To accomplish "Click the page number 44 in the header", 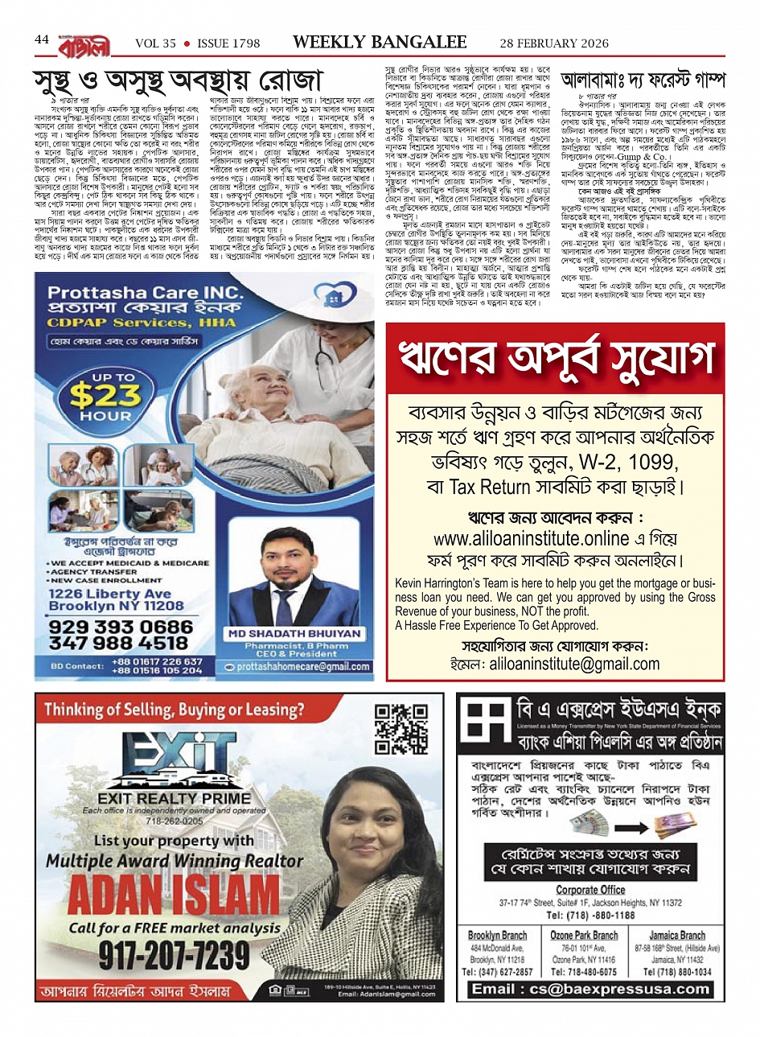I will click(x=42, y=40).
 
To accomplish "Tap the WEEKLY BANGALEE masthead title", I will click(x=380, y=42).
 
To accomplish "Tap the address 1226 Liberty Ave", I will click(x=109, y=594).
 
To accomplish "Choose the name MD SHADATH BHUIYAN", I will click(x=294, y=633).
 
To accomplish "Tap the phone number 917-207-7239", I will click(x=175, y=954).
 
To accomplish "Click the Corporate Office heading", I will click(x=590, y=890).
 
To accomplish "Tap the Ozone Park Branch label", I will click(x=584, y=936).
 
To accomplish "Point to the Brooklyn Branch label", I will click(x=497, y=936).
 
